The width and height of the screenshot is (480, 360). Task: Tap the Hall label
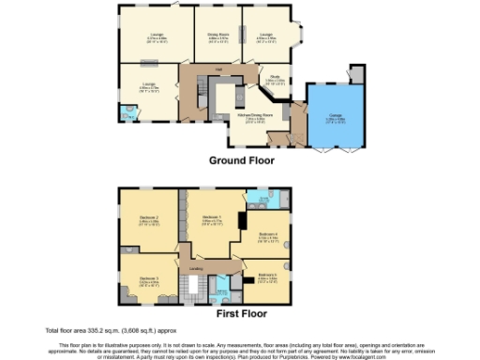tap(216, 69)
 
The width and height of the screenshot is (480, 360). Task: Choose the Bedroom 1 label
tap(211, 217)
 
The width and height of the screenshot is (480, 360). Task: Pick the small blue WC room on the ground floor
tap(127, 114)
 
